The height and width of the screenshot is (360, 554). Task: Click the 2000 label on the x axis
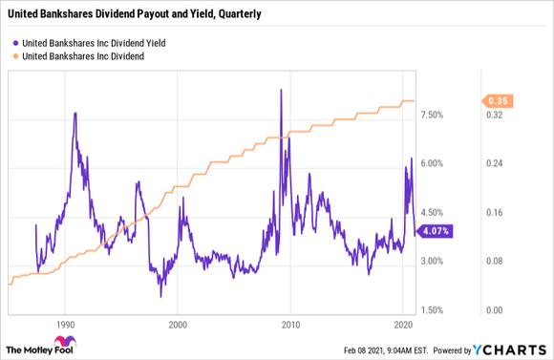[x=178, y=325]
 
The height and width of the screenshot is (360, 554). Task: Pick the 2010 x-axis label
[x=290, y=325]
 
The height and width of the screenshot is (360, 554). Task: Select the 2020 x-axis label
[x=402, y=325]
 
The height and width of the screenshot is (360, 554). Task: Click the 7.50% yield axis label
[x=433, y=115]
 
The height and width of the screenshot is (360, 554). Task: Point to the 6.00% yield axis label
[x=433, y=163]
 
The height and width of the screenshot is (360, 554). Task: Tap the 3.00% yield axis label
[x=433, y=261]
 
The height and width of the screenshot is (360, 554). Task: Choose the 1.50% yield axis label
[x=433, y=310]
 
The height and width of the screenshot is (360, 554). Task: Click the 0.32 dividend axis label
[x=494, y=115]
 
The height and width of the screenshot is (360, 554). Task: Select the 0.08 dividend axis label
[x=494, y=261]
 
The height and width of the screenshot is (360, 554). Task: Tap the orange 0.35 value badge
[x=496, y=100]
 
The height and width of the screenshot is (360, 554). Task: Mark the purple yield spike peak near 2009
[x=280, y=90]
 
